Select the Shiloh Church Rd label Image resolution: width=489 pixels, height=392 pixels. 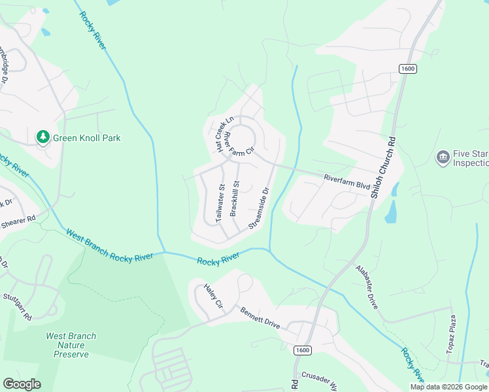(384, 167)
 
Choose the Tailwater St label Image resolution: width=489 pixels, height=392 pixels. (220, 203)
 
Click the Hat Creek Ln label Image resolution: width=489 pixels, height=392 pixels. (225, 135)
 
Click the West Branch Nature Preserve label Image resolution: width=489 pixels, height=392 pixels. (71, 345)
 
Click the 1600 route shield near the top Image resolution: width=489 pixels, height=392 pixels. (407, 69)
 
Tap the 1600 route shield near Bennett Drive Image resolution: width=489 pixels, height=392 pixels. (301, 350)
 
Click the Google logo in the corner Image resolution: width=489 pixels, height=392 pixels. (22, 384)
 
